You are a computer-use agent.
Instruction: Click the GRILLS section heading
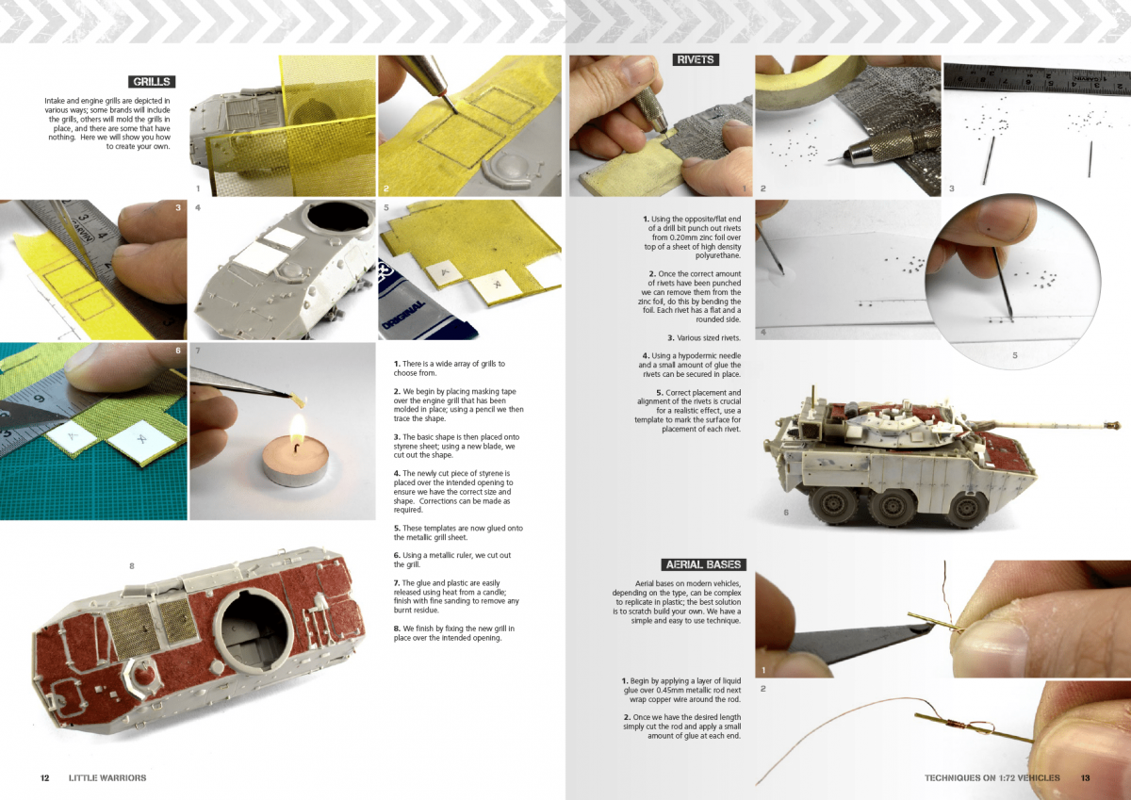tap(152, 82)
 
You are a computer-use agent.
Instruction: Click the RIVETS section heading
tap(696, 59)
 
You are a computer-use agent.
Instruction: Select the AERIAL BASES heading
tap(703, 564)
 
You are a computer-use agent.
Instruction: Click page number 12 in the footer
tap(45, 777)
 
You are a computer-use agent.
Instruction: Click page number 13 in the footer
tap(1086, 777)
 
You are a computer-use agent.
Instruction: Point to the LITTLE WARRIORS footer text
tap(107, 777)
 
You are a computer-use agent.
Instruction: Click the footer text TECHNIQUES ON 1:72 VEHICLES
tap(992, 777)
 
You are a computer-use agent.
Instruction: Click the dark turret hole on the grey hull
tap(337, 219)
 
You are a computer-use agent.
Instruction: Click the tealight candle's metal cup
tap(295, 473)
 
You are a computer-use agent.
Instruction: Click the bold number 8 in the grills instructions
tap(397, 629)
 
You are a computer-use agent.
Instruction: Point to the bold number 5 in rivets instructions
tap(660, 392)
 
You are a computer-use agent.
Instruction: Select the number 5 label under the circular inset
tap(1015, 355)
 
